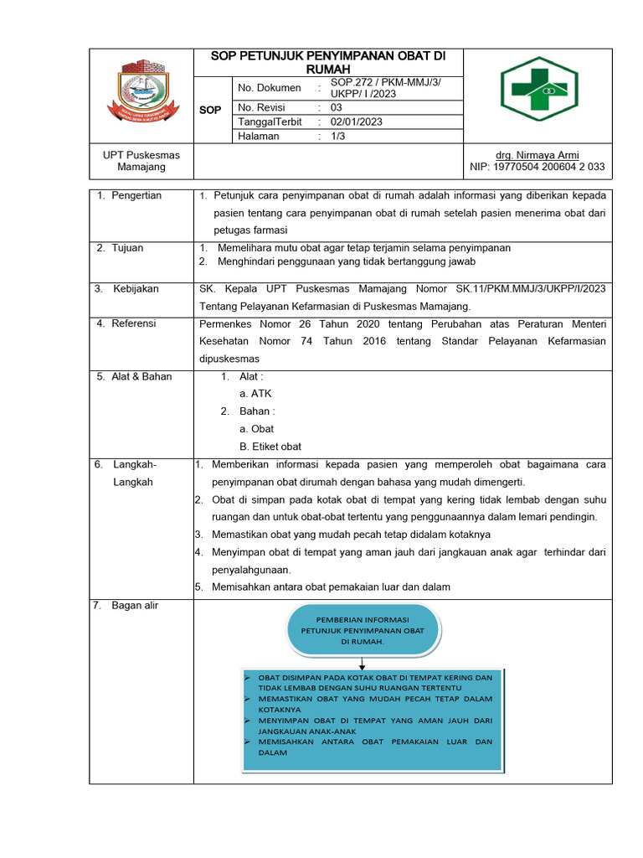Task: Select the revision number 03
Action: [x=336, y=107]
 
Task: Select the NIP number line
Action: [x=537, y=167]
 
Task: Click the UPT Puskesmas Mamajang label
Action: [x=141, y=161]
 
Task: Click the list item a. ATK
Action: [x=255, y=394]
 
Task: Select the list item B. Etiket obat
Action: [x=270, y=447]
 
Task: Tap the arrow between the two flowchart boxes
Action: [x=363, y=662]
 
